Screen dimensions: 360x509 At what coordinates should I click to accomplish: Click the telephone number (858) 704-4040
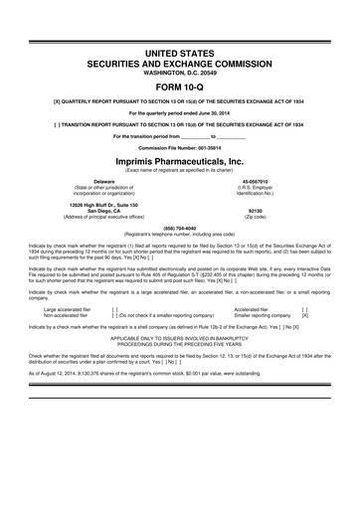point(179,225)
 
